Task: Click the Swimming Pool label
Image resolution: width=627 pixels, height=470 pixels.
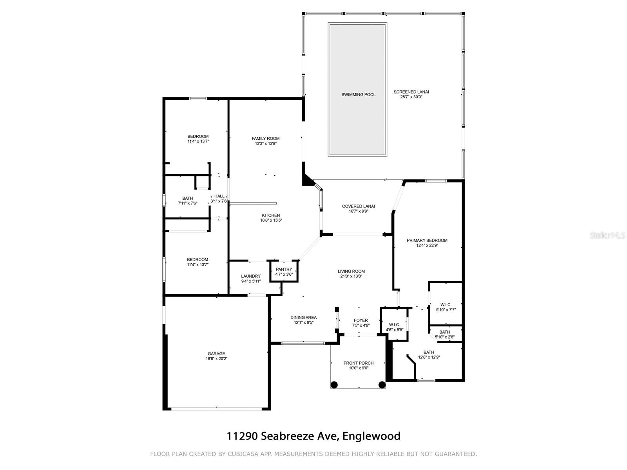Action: [358, 94]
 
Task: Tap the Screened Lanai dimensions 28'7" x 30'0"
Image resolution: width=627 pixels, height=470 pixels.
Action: [411, 97]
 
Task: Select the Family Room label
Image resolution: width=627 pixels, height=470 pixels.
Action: [265, 138]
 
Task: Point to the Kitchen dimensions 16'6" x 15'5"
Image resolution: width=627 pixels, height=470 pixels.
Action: [271, 220]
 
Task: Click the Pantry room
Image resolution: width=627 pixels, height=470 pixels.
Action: [284, 272]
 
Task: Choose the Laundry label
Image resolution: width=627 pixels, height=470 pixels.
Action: [250, 276]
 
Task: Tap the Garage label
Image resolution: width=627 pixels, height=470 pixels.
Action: [216, 354]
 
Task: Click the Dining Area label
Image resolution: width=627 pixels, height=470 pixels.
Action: [303, 317]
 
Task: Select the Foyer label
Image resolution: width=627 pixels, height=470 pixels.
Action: [361, 320]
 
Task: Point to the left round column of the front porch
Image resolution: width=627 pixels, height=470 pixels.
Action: [334, 385]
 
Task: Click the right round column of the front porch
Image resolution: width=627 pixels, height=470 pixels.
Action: [382, 385]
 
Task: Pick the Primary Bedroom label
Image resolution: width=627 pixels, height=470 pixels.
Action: [427, 240]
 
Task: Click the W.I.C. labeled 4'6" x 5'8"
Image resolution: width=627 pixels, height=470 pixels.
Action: [394, 325]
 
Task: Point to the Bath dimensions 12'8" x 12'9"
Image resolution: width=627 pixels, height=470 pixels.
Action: [429, 357]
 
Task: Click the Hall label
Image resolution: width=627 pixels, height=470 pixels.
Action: [219, 196]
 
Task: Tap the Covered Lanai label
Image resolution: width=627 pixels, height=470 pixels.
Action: [358, 206]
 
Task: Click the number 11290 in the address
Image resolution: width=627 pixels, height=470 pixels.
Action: [242, 436]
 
